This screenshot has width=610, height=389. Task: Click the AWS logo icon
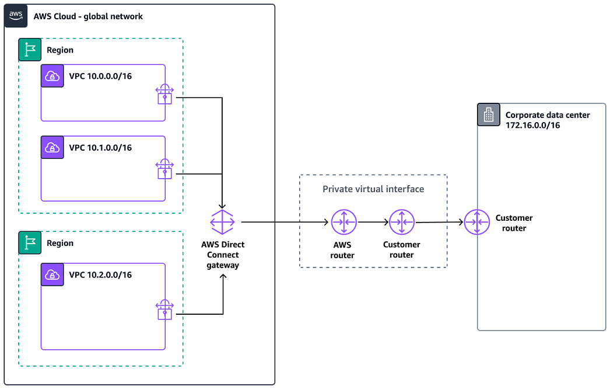pyautogui.click(x=16, y=16)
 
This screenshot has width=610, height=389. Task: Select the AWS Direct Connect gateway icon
pyautogui.click(x=223, y=222)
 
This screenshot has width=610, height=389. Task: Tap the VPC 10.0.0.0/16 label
pyautogui.click(x=100, y=76)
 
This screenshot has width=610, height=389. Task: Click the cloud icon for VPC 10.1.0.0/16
pyautogui.click(x=52, y=148)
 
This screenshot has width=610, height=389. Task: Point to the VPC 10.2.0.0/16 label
pyautogui.click(x=100, y=275)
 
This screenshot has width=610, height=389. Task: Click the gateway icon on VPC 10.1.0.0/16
pyautogui.click(x=165, y=169)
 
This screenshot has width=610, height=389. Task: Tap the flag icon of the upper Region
pyautogui.click(x=30, y=50)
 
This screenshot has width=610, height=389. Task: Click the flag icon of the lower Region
pyautogui.click(x=30, y=243)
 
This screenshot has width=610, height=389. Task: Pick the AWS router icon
pyautogui.click(x=343, y=222)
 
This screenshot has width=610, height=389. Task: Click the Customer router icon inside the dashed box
pyautogui.click(x=402, y=222)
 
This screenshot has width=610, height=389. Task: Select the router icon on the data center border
pyautogui.click(x=477, y=222)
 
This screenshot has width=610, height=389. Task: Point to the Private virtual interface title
pyautogui.click(x=373, y=189)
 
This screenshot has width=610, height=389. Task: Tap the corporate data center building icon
pyautogui.click(x=489, y=115)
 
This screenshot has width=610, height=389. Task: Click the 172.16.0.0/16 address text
pyautogui.click(x=532, y=125)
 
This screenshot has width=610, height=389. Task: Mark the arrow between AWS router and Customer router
pyautogui.click(x=373, y=222)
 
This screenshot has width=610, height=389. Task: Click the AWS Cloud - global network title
pyautogui.click(x=88, y=16)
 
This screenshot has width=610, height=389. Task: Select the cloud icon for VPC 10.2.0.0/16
pyautogui.click(x=52, y=275)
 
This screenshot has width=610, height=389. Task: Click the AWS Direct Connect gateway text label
pyautogui.click(x=223, y=255)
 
